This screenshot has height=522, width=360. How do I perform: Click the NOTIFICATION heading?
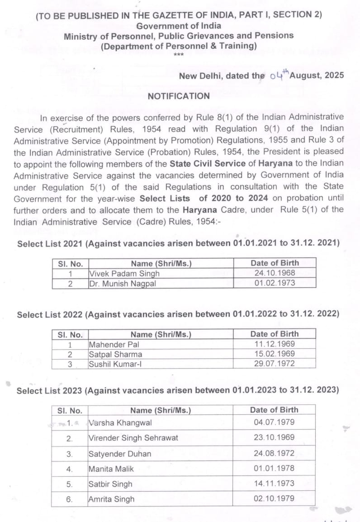tap(179, 96)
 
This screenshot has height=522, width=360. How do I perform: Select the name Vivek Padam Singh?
tap(124, 273)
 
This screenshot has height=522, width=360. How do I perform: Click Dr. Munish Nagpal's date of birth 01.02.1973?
tap(275, 283)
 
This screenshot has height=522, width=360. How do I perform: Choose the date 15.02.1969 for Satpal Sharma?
tap(275, 354)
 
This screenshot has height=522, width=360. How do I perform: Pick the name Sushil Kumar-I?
tap(115, 364)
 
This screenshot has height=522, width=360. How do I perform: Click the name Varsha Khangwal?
tap(120, 422)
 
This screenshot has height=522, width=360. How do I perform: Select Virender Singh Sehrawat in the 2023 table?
tap(133, 437)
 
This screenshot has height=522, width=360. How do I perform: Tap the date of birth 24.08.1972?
tap(274, 453)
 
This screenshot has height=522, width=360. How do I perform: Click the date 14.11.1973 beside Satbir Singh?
tap(274, 484)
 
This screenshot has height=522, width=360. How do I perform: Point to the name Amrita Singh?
tap(111, 499)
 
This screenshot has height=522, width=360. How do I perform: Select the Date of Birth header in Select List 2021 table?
tap(275, 263)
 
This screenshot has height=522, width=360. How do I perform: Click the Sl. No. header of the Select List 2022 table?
tap(70, 335)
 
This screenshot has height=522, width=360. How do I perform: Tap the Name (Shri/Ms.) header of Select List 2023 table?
tap(161, 410)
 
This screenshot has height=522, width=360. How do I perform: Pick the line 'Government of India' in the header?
tap(178, 25)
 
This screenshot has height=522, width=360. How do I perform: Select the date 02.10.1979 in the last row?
tap(274, 498)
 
